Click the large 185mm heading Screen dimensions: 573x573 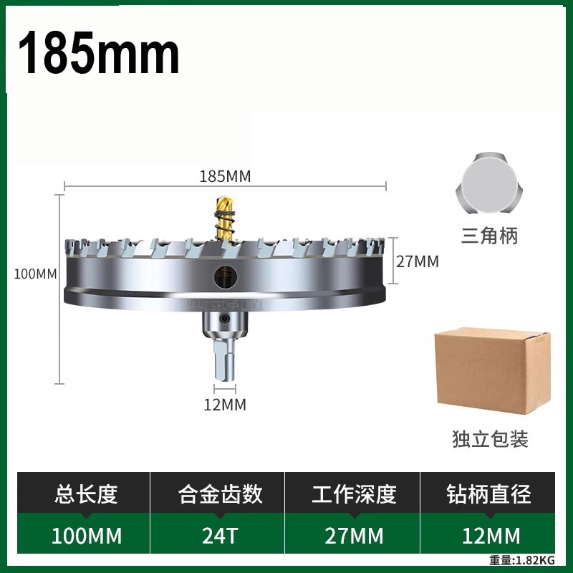click(99, 52)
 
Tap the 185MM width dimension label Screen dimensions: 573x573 click(225, 176)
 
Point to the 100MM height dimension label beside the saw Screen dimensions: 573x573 click(35, 274)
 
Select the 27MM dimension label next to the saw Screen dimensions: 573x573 click(418, 261)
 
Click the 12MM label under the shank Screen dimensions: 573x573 click(225, 405)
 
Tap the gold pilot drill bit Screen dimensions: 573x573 click(224, 218)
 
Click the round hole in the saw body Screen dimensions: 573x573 click(226, 276)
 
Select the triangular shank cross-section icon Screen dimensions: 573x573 click(489, 183)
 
